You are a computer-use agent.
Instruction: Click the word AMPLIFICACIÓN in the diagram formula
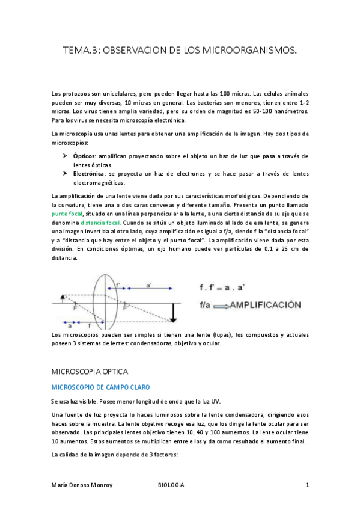[264, 305]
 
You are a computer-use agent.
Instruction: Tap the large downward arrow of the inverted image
[174, 312]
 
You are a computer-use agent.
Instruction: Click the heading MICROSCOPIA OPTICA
[90, 372]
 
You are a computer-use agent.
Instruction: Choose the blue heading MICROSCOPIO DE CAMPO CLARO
[101, 387]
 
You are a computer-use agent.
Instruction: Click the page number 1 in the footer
[307, 485]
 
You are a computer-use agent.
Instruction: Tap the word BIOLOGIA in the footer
[171, 485]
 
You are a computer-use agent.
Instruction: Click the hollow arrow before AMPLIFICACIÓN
[219, 306]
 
